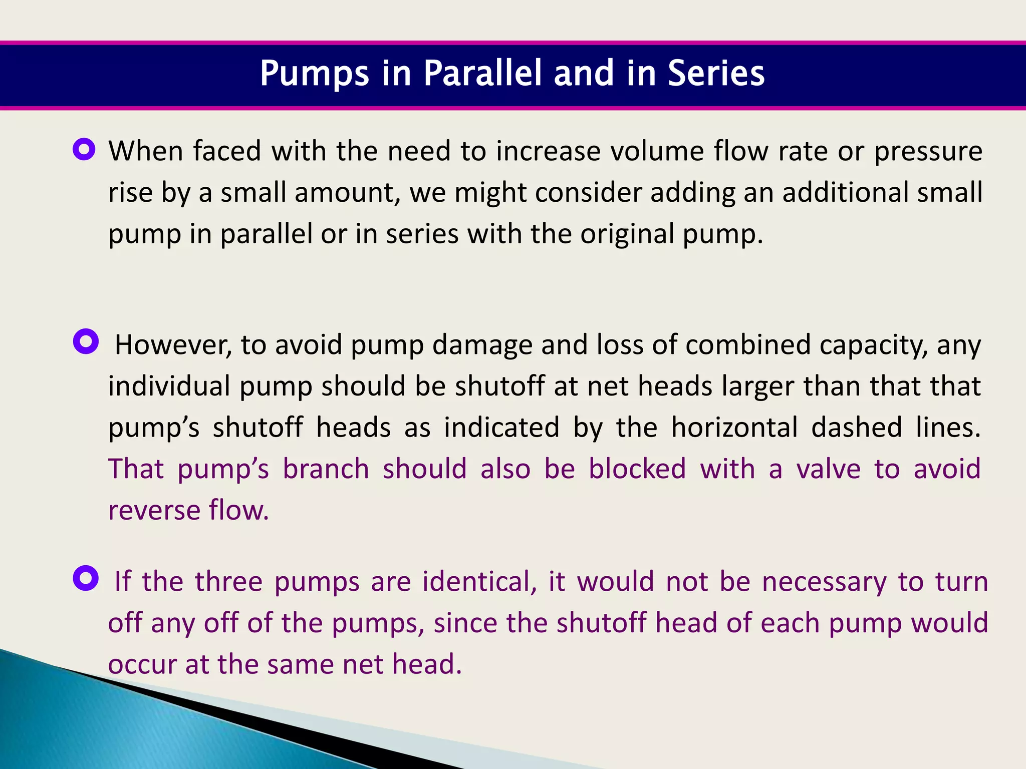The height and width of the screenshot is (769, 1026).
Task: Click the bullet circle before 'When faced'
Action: [84, 149]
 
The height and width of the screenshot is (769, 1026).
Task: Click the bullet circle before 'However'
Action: [86, 341]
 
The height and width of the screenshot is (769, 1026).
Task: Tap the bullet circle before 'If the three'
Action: [86, 578]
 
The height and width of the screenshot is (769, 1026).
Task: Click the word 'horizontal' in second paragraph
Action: [734, 428]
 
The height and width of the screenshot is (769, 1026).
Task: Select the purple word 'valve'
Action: [828, 469]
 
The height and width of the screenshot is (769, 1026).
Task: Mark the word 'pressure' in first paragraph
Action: [928, 152]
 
